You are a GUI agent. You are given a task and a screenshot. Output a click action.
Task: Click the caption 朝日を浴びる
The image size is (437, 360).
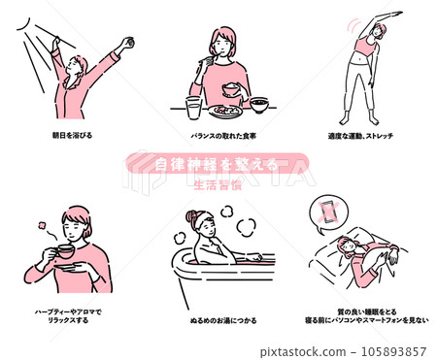point(74,134)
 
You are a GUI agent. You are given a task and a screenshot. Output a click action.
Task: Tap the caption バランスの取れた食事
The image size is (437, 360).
point(221,134)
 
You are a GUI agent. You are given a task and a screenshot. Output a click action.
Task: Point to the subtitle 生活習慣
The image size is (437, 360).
point(218,180)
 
